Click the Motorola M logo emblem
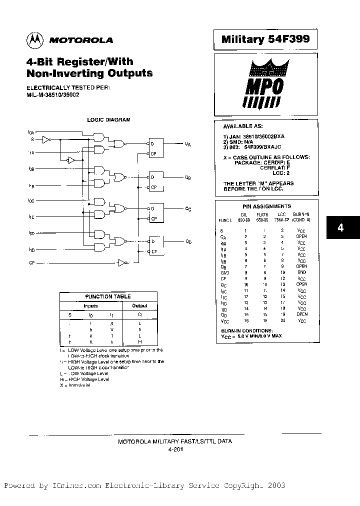[35, 39]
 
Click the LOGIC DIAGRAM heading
[108, 120]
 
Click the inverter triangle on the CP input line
[122, 262]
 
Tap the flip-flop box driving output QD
[156, 246]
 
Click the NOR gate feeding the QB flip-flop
[119, 176]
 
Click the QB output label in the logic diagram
[187, 177]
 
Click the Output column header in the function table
[139, 306]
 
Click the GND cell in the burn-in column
[301, 272]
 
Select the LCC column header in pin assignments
[282, 213]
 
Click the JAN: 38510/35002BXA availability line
[254, 136]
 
